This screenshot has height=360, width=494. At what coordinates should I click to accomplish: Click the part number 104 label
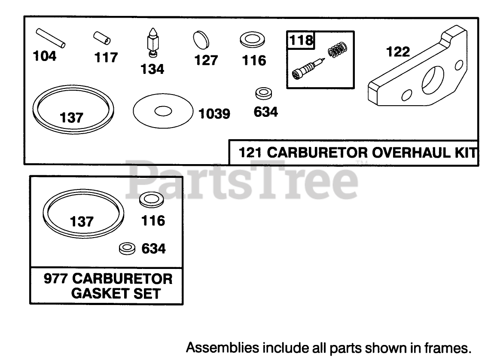(45, 56)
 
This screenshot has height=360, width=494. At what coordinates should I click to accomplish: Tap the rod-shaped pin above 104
(51, 37)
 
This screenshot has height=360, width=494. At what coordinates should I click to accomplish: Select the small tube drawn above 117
(102, 39)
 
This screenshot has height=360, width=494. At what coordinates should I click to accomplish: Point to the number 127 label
(206, 61)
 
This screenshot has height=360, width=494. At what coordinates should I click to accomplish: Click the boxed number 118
(301, 40)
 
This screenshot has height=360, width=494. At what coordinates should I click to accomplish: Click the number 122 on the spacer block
(398, 52)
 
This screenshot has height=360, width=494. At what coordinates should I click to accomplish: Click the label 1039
(214, 114)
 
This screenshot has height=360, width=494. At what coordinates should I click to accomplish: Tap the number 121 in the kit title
(247, 153)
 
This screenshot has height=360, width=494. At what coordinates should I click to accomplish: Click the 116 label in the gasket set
(153, 221)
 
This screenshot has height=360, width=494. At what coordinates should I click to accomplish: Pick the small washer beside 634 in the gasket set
(127, 248)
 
